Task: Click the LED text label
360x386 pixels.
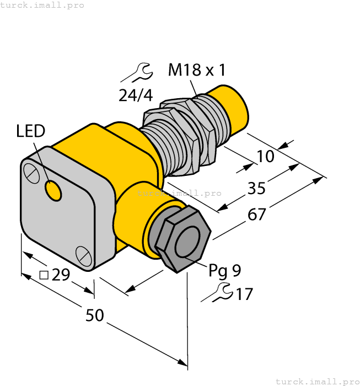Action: coord(30,131)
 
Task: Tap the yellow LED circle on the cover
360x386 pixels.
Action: coord(53,190)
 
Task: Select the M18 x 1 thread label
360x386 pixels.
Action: coord(197,70)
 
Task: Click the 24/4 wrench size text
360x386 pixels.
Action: coord(136,95)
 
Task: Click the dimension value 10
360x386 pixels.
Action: coord(265,157)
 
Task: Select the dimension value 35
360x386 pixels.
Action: coord(256,189)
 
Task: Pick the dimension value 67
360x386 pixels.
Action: coord(256,215)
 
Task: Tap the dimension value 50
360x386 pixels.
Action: coord(95,316)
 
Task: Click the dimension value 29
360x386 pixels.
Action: coord(61,274)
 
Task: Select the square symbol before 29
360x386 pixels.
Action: coord(45,274)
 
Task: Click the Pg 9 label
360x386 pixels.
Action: coord(224,270)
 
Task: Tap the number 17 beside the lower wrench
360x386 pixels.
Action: coord(244,294)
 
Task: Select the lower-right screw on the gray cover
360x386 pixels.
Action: coord(83,255)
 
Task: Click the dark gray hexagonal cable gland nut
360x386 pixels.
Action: coord(182,239)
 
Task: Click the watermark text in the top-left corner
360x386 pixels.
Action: coord(42,5)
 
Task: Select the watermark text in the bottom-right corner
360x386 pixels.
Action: coord(316,381)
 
